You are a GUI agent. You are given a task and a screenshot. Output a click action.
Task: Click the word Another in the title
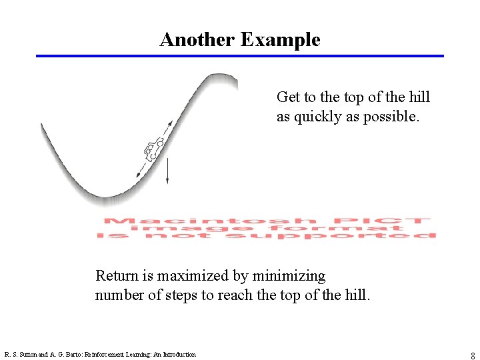click(197, 40)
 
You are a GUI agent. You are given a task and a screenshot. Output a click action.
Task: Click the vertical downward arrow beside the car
click(167, 171)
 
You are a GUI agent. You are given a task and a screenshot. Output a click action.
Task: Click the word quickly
click(318, 117)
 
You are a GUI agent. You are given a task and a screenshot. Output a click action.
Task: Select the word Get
click(288, 97)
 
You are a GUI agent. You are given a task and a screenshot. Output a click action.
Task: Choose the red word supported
click(366, 235)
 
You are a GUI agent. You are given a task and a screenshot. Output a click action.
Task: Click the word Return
click(117, 275)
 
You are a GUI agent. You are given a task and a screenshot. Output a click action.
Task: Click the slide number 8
click(473, 356)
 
